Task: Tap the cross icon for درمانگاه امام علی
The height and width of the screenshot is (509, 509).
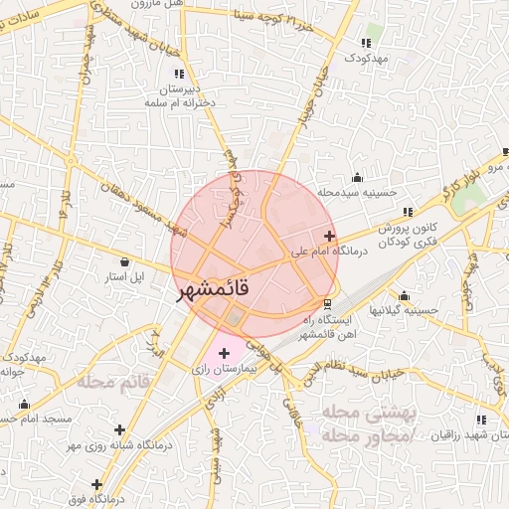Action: click(330, 236)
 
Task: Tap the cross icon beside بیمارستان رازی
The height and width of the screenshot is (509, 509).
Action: click(224, 353)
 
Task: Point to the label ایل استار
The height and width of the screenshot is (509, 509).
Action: click(125, 275)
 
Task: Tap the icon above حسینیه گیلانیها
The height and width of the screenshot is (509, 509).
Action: click(404, 295)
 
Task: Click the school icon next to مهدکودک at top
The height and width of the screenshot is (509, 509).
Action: click(366, 43)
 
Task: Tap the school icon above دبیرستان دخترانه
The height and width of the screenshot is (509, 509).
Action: click(179, 74)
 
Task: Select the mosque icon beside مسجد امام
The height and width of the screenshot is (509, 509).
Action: click(24, 405)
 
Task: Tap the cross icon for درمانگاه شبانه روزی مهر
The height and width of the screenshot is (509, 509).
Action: click(120, 429)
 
